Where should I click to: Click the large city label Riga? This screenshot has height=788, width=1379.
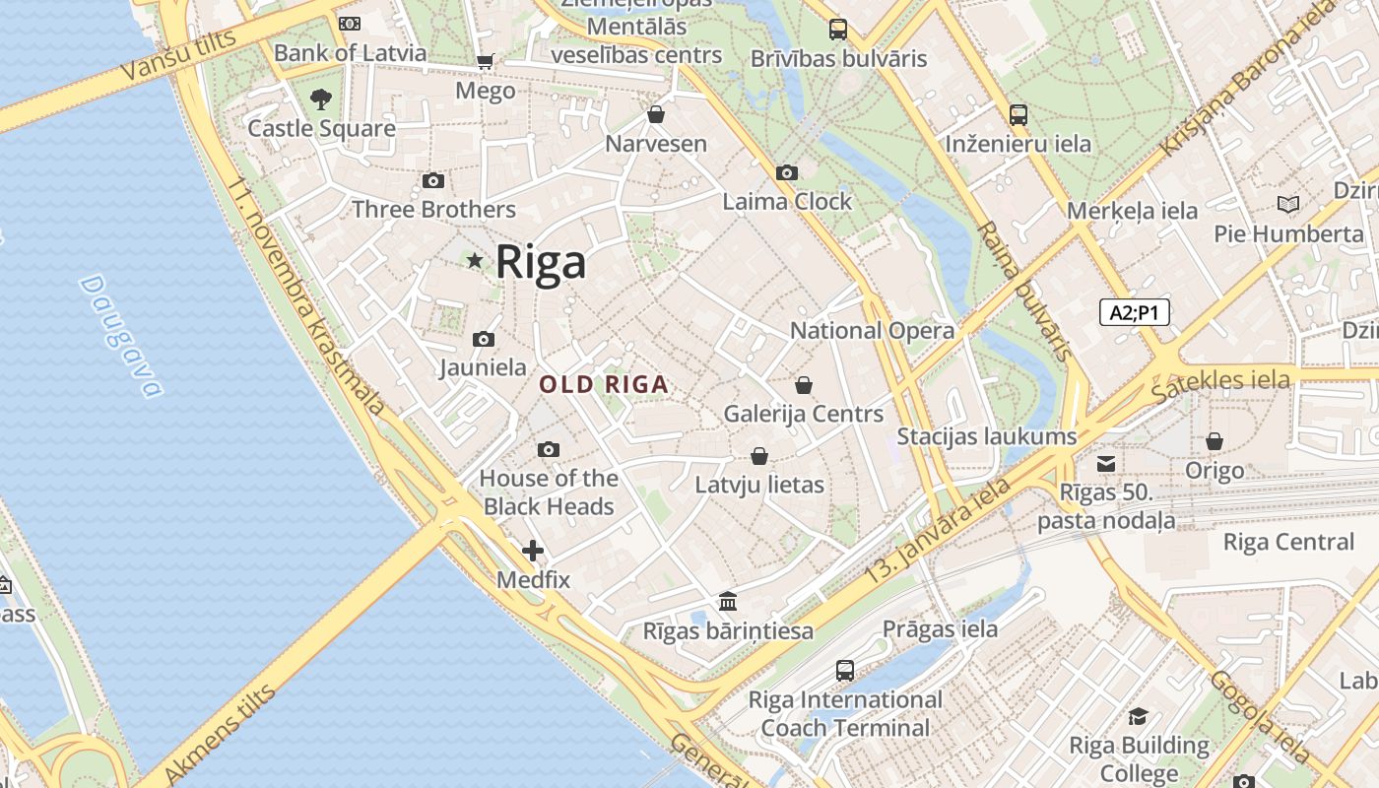[541, 262]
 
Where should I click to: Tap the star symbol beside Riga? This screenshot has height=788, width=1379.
[475, 260]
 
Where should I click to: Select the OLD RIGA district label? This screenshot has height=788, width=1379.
[605, 385]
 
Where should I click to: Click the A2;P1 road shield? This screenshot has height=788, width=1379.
[1134, 312]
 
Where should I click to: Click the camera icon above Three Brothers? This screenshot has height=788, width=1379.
[432, 180]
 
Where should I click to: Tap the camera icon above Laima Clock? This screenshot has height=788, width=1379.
[786, 172]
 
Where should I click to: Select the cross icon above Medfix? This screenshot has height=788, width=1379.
[533, 551]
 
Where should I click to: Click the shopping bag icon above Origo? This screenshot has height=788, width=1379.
[1215, 441]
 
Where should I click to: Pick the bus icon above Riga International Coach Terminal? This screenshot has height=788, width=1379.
[845, 671]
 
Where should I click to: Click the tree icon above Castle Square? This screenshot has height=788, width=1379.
[320, 98]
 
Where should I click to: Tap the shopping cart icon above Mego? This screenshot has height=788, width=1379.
[485, 62]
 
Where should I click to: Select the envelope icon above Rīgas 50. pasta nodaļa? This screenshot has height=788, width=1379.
[1106, 463]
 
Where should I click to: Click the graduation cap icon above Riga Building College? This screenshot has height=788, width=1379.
[1139, 716]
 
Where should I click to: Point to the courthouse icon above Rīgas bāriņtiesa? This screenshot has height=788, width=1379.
[728, 601]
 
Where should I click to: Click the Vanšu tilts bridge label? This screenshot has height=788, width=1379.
[178, 55]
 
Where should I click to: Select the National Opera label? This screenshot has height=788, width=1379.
[872, 331]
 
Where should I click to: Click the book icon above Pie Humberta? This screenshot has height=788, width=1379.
[1287, 205]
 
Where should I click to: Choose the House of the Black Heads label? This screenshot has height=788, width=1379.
[548, 492]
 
